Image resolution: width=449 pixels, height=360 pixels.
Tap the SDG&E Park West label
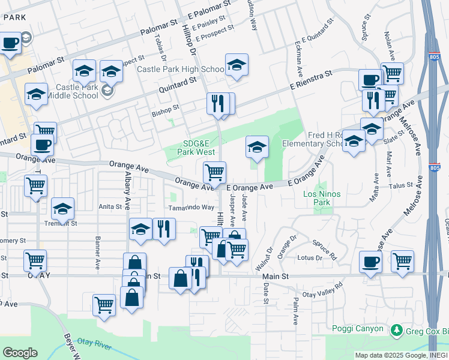pos(199,147)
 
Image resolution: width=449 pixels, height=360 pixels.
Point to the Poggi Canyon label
pos(357,328)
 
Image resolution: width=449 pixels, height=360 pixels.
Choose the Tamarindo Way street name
pos(191,207)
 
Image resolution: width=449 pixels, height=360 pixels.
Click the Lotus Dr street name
pos(310,258)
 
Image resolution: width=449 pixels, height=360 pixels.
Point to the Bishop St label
pos(166,109)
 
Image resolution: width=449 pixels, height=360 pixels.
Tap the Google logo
pos(20,353)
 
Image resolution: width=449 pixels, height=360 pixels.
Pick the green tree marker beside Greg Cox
pos(396,330)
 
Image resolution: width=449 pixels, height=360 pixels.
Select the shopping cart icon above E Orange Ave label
pos(214,173)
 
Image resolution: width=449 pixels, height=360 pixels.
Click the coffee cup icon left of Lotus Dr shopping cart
pos(370,262)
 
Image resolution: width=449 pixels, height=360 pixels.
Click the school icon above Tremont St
pos(62,209)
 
